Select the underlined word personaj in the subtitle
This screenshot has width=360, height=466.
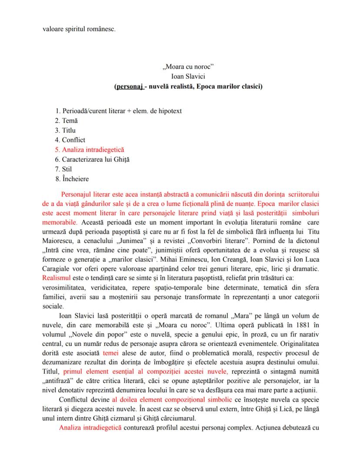(x=129, y=87)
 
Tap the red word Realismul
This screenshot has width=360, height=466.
(x=56, y=277)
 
